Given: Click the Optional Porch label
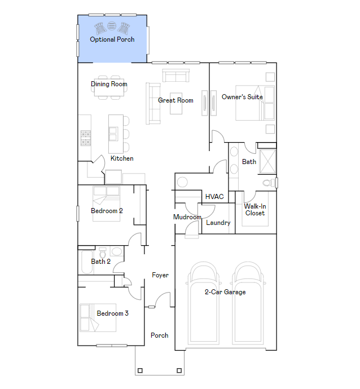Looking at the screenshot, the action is coord(112,39).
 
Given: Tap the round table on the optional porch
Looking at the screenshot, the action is coord(112,26).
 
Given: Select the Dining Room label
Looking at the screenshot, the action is coord(109,84).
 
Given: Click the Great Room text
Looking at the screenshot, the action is coord(175,100).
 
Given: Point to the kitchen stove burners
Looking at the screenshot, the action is coord(86,138).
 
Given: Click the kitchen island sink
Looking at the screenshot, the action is coord(113,134).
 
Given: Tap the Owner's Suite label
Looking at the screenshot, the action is coord(242,97).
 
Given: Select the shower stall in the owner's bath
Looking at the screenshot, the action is coord(267,161).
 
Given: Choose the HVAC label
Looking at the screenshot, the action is coord(214,197).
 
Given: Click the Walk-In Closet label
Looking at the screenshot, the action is coord(255,210).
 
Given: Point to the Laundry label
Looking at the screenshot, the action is coord(218,223).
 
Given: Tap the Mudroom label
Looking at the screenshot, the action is coord(187,217).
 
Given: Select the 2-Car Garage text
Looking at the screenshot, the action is coord(225,292).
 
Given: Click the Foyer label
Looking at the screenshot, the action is coord(160,275).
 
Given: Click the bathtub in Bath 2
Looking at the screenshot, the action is coord(87,262).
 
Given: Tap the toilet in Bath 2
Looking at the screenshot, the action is coord(103,253).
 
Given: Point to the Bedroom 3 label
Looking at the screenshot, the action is coord(112,313).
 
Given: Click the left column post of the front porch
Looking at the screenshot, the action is coord(140,370).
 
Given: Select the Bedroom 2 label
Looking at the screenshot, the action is coord(107,211).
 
